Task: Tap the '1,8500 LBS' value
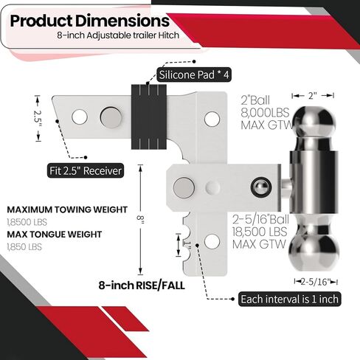tap(23, 221)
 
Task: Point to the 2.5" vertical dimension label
tap(39, 116)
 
